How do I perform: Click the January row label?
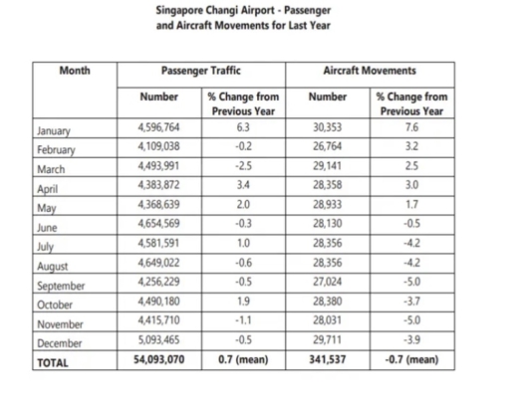[x=53, y=130]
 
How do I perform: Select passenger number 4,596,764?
[x=159, y=127]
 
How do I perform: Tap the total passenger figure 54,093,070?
[x=158, y=363]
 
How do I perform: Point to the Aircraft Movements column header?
[x=370, y=72]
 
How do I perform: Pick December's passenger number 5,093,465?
[x=159, y=343]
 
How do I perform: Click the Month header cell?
[x=74, y=72]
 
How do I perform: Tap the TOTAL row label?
[x=52, y=364]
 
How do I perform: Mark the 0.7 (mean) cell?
[x=244, y=363]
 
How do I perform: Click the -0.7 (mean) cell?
[x=412, y=363]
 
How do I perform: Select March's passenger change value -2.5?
[x=244, y=166]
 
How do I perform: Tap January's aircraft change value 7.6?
[x=412, y=127]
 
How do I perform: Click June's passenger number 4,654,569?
[x=159, y=225]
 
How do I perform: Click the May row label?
[x=45, y=208]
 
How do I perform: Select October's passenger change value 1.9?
[x=244, y=304]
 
